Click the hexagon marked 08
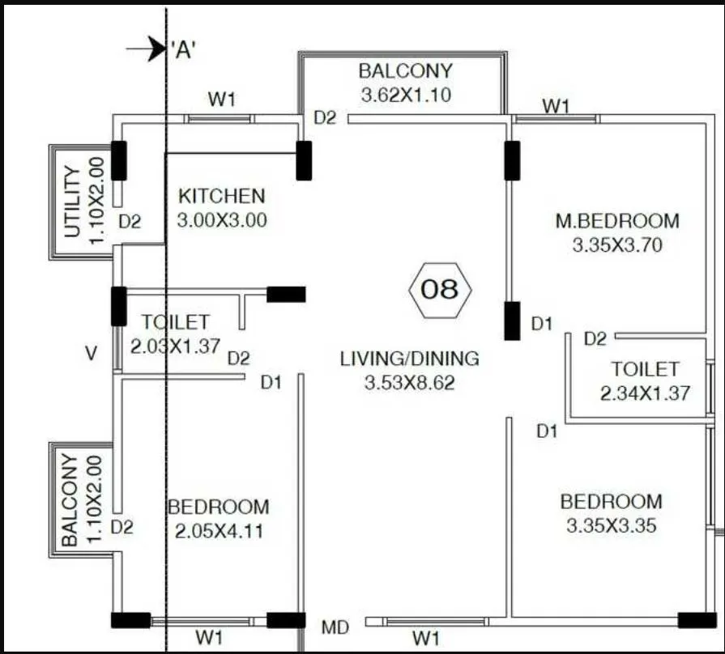tap(441, 290)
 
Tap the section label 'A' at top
tap(183, 49)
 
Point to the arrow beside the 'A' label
tap(147, 49)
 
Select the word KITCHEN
tap(221, 196)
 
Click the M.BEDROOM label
tap(617, 220)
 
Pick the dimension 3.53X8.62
tap(409, 383)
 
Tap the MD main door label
tap(335, 627)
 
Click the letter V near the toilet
tap(92, 353)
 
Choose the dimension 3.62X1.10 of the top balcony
tap(405, 95)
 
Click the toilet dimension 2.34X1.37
tap(645, 394)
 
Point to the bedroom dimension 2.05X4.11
tap(219, 532)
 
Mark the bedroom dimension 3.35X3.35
tap(611, 526)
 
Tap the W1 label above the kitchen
tap(221, 100)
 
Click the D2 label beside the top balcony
tap(325, 118)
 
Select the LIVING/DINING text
tap(409, 358)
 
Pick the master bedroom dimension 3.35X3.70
tap(617, 245)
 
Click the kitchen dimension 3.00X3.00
tap(221, 220)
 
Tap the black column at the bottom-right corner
tap(697, 621)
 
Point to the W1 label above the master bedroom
tap(556, 105)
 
